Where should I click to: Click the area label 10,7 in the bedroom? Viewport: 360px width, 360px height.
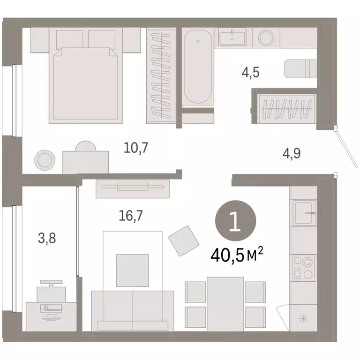click(136, 149)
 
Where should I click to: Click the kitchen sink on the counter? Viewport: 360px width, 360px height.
click(305, 212)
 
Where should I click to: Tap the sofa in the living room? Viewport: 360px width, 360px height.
click(132, 309)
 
